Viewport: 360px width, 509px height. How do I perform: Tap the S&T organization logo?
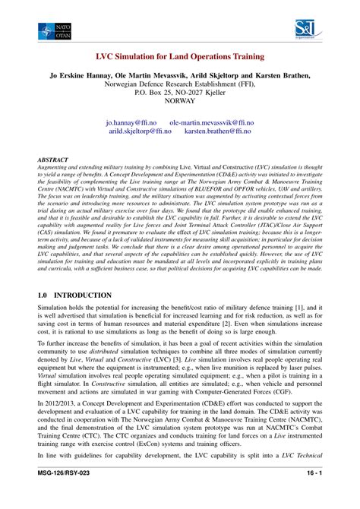click(305, 30)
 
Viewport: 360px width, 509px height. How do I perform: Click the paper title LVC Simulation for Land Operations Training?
click(180, 57)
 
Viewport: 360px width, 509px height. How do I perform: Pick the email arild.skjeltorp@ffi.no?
click(140, 131)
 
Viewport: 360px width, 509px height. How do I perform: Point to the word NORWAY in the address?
click(180, 100)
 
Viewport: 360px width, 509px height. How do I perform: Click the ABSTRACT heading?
click(52, 161)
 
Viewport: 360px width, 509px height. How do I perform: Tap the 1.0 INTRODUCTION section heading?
click(74, 296)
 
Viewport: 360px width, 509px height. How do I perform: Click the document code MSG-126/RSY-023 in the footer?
click(68, 493)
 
